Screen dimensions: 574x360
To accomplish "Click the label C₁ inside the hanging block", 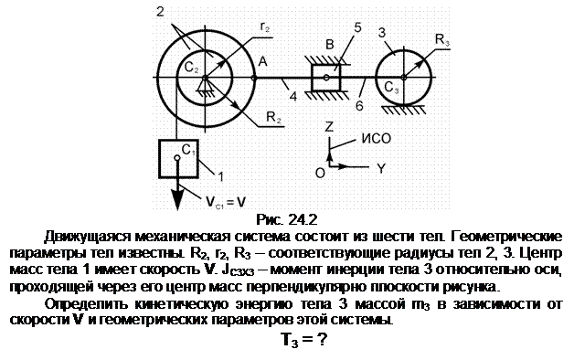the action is (x=188, y=150).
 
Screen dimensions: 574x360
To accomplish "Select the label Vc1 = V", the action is (x=225, y=202).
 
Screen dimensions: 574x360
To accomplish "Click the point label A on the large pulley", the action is (x=262, y=61).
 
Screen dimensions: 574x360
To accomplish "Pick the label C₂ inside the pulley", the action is (x=191, y=67).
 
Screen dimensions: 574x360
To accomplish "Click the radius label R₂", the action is (x=274, y=117).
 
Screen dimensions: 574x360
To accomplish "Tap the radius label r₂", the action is (x=265, y=26).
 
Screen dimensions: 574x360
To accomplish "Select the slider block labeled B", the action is (x=325, y=78).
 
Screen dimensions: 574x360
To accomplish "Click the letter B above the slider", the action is (x=330, y=44).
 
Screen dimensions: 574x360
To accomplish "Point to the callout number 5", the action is (x=357, y=27).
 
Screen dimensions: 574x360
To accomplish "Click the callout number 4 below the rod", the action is (x=292, y=96).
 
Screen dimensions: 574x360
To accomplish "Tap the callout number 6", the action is (x=359, y=106).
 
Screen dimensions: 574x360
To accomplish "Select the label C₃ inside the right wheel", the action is (x=391, y=88).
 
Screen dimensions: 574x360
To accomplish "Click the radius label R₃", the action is (x=441, y=39).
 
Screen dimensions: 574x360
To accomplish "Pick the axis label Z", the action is (x=329, y=126).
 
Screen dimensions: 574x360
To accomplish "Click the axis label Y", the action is (x=381, y=168).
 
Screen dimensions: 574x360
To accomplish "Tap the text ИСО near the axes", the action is (x=377, y=138).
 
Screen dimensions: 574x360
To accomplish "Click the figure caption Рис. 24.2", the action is (x=287, y=219).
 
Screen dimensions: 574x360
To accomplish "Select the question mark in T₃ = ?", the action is (x=322, y=339).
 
